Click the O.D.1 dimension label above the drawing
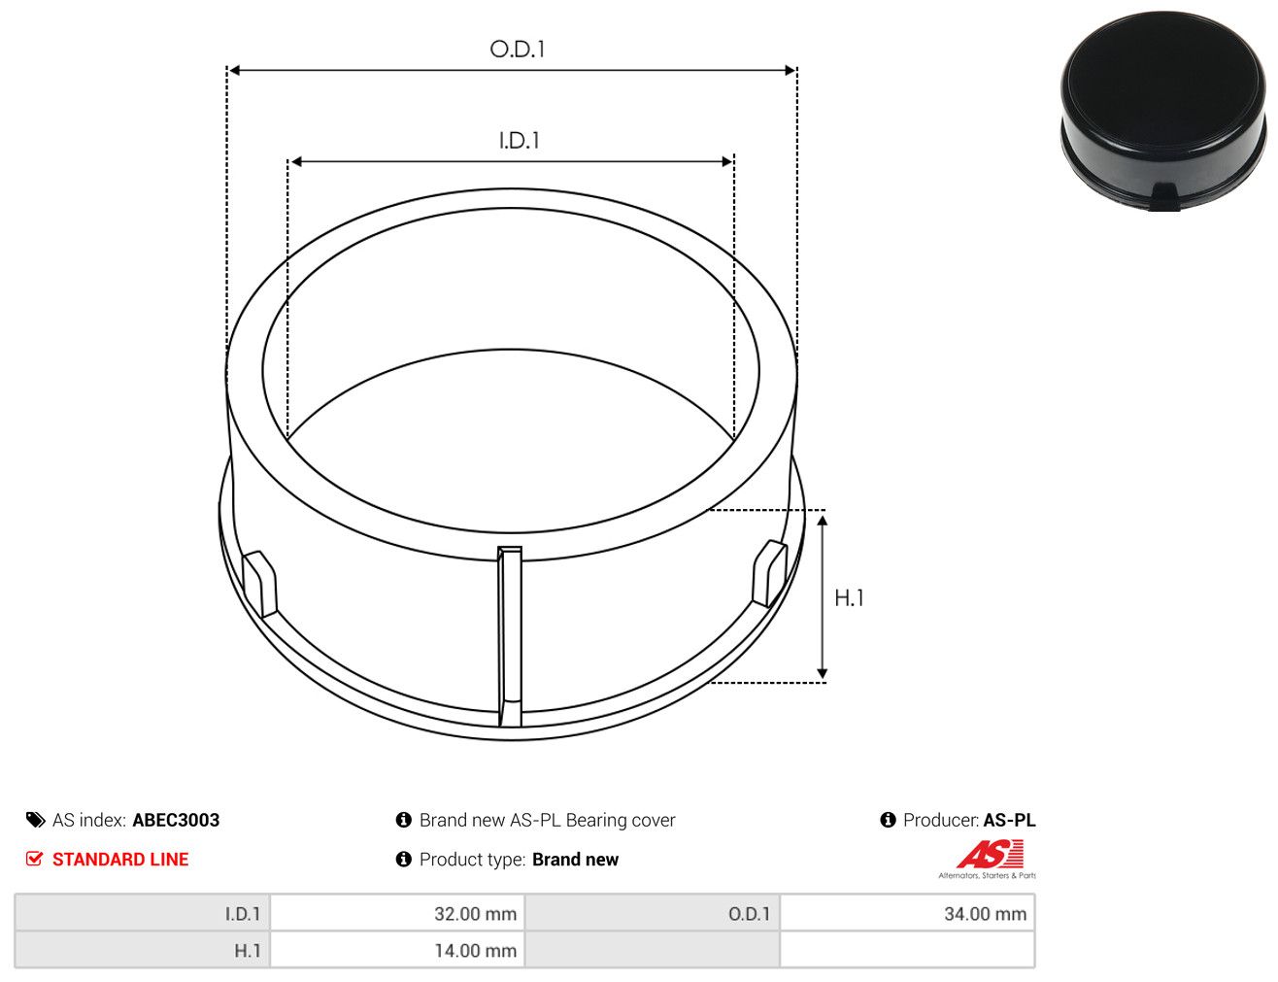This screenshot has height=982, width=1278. point(517,50)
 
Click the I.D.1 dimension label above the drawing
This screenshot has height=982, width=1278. point(519,141)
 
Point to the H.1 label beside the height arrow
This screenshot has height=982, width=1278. point(849,598)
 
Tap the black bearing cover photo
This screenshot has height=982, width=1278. point(1162,111)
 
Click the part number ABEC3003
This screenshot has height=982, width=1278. point(176,820)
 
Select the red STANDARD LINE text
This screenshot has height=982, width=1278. point(120,859)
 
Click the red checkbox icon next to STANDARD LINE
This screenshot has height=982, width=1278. point(35,859)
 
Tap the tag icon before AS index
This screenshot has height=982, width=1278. point(36,820)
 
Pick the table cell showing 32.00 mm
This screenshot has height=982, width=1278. point(397,913)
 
